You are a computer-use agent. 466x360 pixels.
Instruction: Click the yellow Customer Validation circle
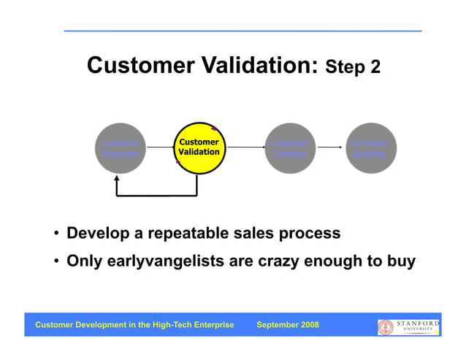[x=199, y=148]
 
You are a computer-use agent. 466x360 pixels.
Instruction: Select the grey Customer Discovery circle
[x=120, y=148]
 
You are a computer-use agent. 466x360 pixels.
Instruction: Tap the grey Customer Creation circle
[x=290, y=148]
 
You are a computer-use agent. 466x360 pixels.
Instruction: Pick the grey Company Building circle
[x=371, y=148]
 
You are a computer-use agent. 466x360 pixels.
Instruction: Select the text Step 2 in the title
[x=353, y=68]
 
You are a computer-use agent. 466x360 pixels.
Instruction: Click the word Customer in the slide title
[x=138, y=66]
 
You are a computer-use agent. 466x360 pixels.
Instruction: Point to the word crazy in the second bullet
[x=281, y=261]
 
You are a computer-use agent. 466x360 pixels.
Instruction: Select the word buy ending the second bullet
[x=401, y=261]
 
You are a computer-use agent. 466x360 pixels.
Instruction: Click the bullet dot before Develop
[x=56, y=234]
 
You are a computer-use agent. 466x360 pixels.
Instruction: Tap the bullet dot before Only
[x=56, y=261]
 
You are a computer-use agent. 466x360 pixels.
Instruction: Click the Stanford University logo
[x=408, y=326]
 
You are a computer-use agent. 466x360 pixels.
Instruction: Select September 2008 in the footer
[x=288, y=325]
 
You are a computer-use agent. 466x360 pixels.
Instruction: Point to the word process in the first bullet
[x=310, y=234]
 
